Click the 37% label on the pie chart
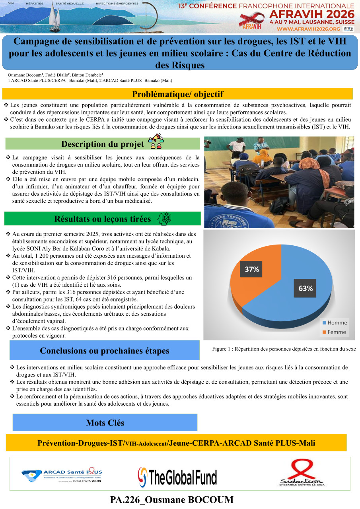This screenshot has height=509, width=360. pyautogui.click(x=251, y=269)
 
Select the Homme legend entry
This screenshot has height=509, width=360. pyautogui.click(x=334, y=322)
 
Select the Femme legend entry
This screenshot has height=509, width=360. pyautogui.click(x=334, y=332)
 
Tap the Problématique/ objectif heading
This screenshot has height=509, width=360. pyautogui.click(x=177, y=94)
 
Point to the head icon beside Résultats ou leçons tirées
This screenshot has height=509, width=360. pyautogui.click(x=165, y=219)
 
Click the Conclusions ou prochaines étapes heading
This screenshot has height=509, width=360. pyautogui.click(x=105, y=351)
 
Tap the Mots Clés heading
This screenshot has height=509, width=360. pyautogui.click(x=105, y=423)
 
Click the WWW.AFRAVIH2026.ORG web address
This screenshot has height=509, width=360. pyautogui.click(x=308, y=29)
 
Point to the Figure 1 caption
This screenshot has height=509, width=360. pyautogui.click(x=284, y=349)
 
